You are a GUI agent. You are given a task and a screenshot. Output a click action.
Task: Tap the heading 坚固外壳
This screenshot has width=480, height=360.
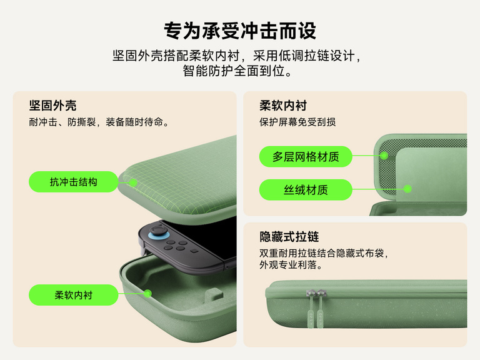coord(53,106)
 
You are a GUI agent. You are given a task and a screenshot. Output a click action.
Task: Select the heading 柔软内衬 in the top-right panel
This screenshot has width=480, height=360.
coord(283,106)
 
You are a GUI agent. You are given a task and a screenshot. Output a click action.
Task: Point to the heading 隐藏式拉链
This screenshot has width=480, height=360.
coord(289,237)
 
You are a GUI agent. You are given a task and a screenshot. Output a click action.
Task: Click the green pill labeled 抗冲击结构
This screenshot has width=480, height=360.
coord(73,182)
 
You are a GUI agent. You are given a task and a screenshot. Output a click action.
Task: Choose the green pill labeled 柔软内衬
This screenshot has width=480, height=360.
coord(73,294)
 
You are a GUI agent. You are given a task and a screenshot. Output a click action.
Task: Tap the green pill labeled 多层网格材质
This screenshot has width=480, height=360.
coord(306,156)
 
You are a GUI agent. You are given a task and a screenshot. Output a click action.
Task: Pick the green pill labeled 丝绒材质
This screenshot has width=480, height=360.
coord(306,189)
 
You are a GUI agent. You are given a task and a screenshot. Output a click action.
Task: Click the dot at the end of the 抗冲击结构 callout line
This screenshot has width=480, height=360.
coord(133,182)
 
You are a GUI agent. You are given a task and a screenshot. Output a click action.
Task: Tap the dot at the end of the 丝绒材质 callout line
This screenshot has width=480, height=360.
coord(407,189)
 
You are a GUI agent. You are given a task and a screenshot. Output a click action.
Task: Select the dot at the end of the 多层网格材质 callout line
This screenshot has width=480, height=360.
coord(384,156)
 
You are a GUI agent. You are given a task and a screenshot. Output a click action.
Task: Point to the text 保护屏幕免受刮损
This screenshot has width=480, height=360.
coord(297,122)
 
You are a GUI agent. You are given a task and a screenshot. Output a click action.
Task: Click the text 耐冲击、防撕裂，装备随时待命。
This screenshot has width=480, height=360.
coord(99,122)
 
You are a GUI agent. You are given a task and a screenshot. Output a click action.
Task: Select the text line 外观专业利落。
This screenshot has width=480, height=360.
coord(291,265)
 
